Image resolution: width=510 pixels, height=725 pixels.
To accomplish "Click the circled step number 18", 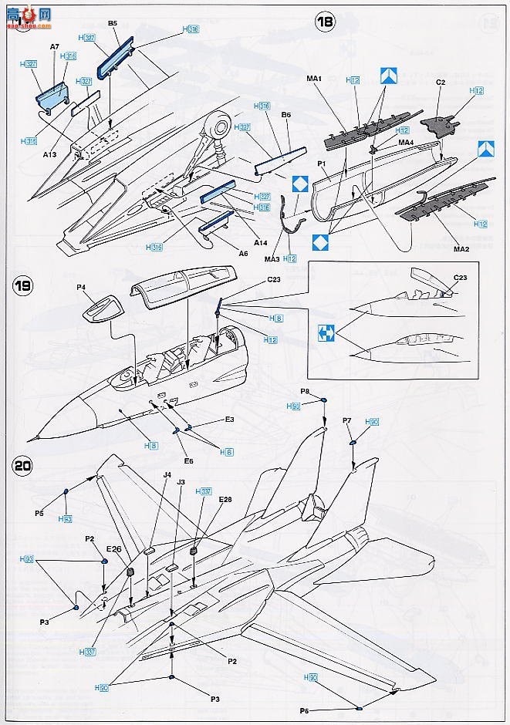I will (x=326, y=22).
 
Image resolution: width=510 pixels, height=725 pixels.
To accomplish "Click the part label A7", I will (x=55, y=46).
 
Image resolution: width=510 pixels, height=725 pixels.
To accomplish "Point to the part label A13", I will (x=50, y=154).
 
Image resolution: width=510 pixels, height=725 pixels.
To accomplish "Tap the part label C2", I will (x=441, y=81).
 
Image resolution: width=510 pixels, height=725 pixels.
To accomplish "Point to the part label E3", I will (x=229, y=419).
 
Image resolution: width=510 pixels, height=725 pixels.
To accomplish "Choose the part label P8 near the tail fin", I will (x=306, y=392).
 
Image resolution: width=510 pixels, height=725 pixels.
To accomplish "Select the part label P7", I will (x=347, y=420).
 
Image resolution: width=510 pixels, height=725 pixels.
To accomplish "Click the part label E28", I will (x=225, y=500).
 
